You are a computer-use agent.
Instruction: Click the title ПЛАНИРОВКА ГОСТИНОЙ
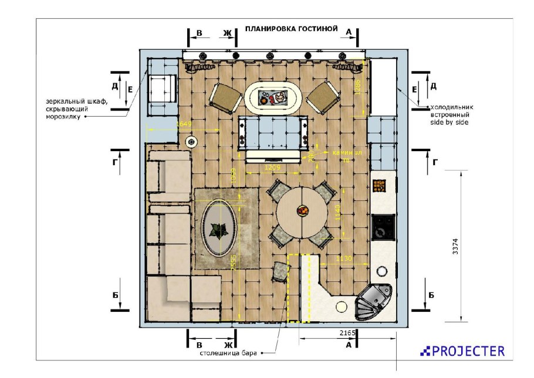tap(291, 28)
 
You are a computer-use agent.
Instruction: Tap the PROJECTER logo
tap(462, 351)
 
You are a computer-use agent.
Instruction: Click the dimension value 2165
tap(348, 333)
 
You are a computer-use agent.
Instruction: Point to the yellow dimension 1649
tap(184, 124)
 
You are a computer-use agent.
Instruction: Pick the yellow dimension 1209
tap(272, 168)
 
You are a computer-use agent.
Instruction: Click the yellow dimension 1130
tap(343, 258)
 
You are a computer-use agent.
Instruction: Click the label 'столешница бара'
tap(228, 353)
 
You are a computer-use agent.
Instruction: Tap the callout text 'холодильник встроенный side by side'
tap(451, 115)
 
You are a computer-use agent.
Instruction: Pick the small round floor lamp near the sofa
tap(191, 142)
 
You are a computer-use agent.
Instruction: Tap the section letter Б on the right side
tap(431, 295)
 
